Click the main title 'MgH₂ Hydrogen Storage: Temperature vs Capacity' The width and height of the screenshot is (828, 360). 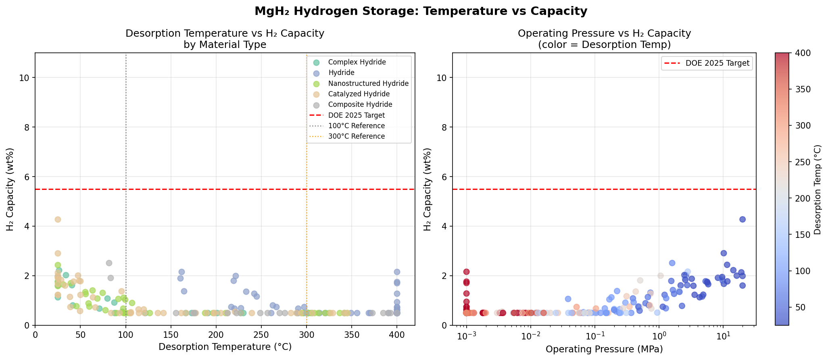point(421,11)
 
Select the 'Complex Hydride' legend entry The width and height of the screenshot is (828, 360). point(357,62)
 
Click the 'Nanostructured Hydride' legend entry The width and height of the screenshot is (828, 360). point(368,83)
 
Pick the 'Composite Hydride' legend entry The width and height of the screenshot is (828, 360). point(360,104)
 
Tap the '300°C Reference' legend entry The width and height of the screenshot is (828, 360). point(356,136)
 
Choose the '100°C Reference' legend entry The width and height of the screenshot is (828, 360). point(356,126)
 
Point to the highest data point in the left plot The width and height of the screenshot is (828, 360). point(58,219)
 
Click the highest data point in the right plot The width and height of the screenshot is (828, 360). point(742,219)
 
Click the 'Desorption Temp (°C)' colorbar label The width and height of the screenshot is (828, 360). point(817,189)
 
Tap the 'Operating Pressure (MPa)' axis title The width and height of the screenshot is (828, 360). point(604,349)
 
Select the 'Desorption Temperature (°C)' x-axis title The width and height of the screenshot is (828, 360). point(225,347)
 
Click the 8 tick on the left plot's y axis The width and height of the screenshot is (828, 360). point(27,127)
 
